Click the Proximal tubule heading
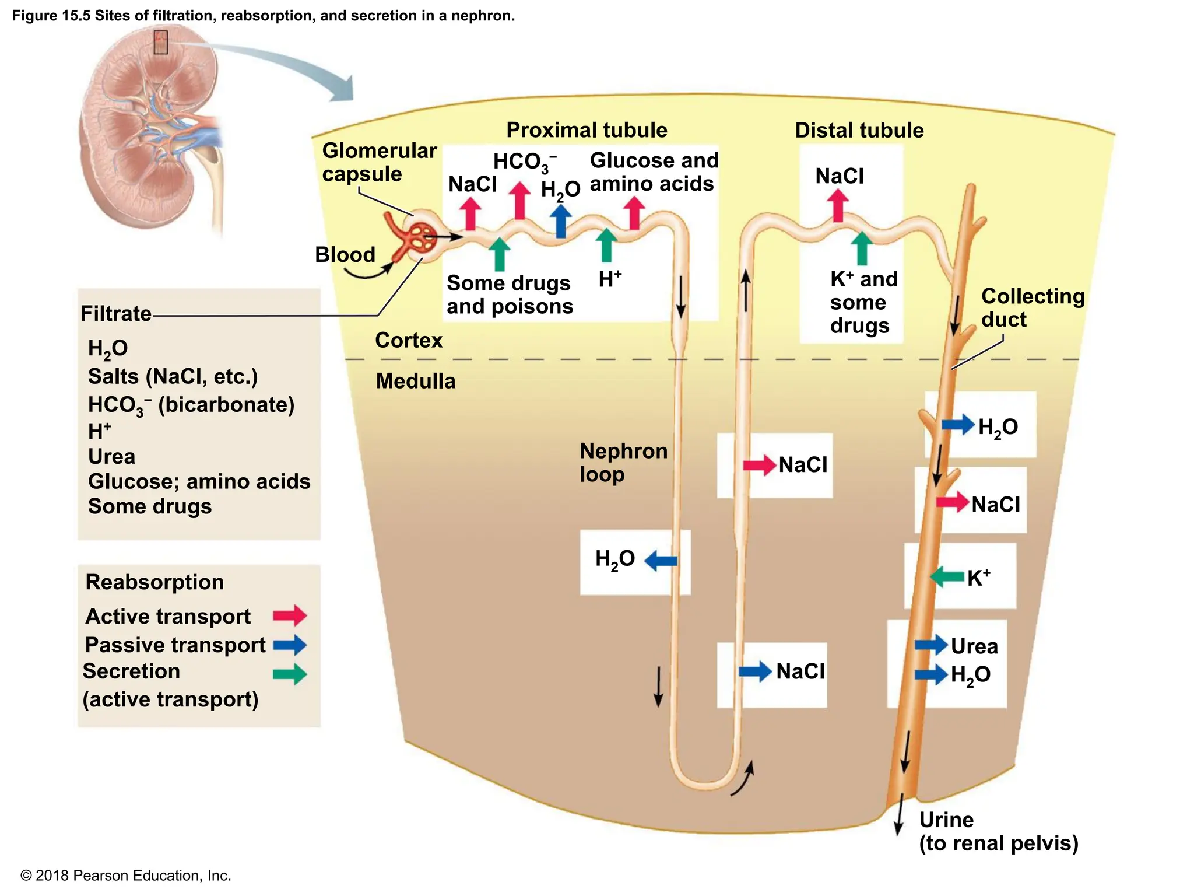coord(587,130)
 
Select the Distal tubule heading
coord(859,130)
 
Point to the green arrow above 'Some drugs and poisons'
coord(498,254)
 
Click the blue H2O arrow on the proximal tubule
coord(560,221)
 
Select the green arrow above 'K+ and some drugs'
coord(862,249)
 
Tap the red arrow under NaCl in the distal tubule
coord(838,206)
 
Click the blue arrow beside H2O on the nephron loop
coord(661,561)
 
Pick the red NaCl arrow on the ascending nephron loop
coord(759,465)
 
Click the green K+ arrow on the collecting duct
coord(947,577)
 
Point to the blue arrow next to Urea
coord(931,645)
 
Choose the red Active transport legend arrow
coord(289,615)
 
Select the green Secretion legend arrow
coord(289,674)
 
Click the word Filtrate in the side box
coord(116,314)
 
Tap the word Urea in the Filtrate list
coord(111,456)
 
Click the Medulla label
coord(415,381)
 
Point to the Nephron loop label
coord(623,462)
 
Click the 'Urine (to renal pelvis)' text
coord(998,831)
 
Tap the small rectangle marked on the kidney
coord(160,43)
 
